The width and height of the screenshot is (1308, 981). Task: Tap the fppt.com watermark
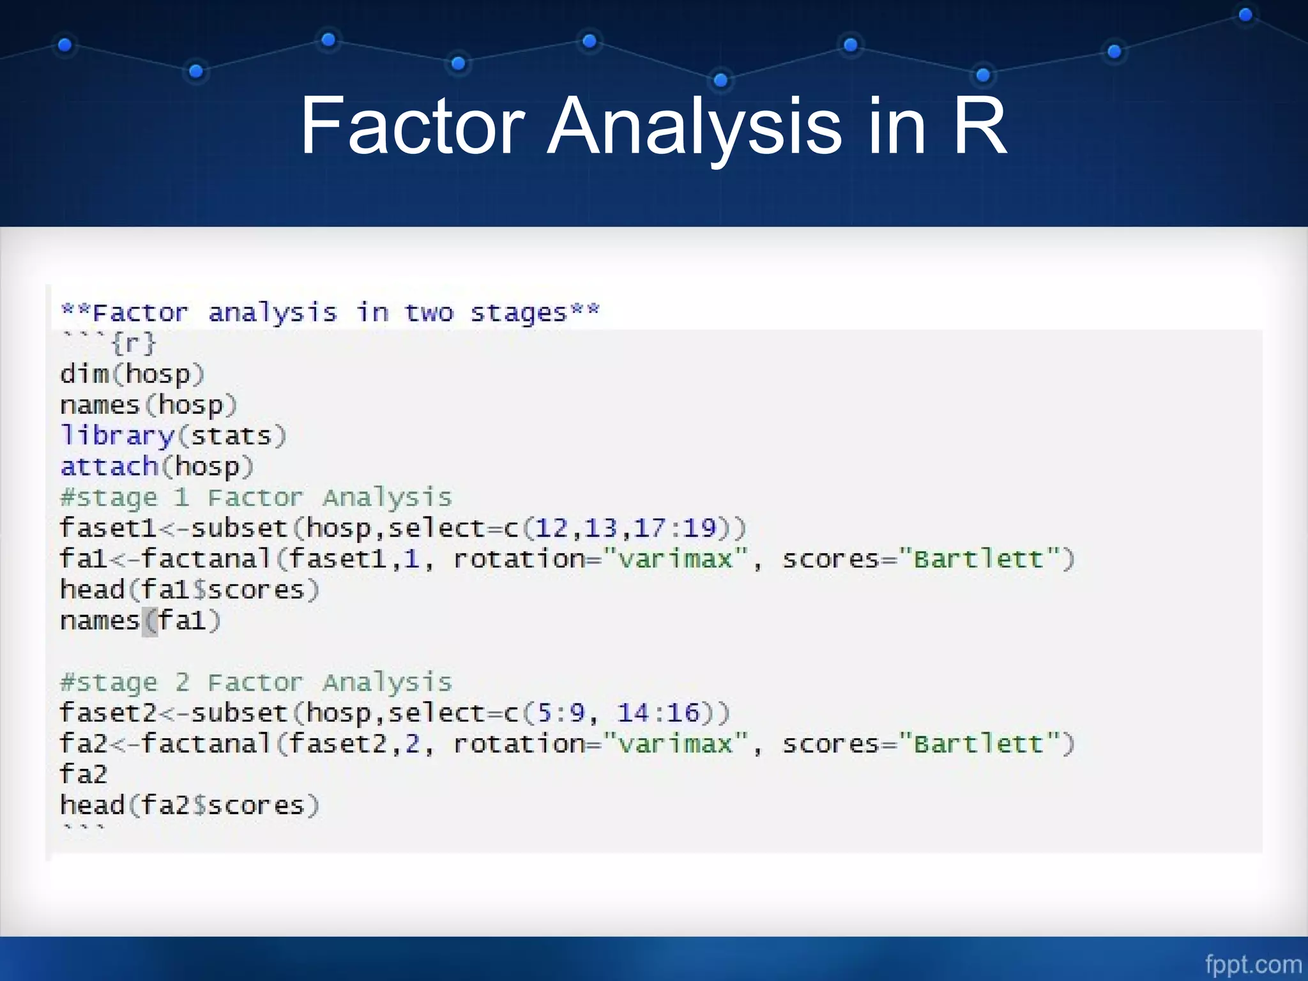tap(1252, 964)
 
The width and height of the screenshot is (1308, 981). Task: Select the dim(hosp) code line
tap(132, 374)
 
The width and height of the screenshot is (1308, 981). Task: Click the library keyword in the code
tap(118, 436)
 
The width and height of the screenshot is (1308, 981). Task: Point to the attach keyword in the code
tap(109, 467)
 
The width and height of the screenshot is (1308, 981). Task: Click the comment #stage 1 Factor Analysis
tap(255, 498)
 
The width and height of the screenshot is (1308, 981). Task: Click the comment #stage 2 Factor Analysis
tap(255, 682)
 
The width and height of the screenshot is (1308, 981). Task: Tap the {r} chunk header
tap(133, 344)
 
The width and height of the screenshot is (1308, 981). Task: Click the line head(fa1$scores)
tap(189, 589)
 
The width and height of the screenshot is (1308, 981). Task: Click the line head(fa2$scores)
tap(189, 805)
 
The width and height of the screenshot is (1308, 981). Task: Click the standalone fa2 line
tap(83, 774)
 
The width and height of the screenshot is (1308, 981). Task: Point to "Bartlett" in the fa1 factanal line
tap(978, 559)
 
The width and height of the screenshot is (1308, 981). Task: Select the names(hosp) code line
tap(148, 405)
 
